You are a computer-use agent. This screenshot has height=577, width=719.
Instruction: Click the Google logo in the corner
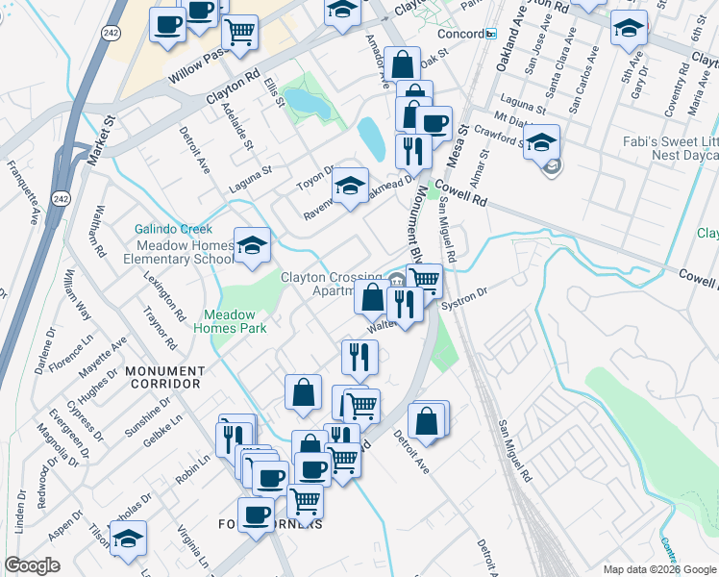pos(33,565)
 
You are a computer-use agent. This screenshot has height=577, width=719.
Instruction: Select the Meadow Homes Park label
pos(230,321)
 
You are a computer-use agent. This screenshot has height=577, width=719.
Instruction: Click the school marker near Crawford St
pos(542,143)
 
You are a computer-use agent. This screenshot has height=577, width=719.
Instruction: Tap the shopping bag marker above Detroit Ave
pos(427,421)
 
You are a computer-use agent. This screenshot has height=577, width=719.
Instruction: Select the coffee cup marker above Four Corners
pos(257,516)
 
